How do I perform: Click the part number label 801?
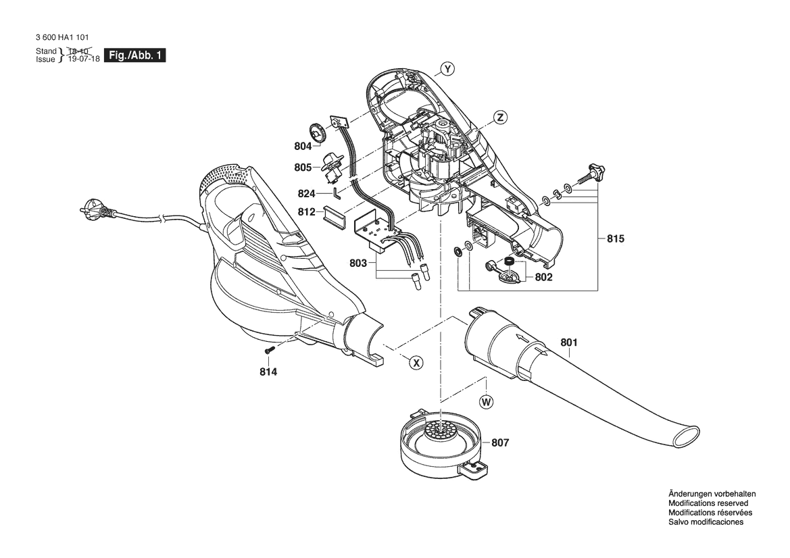569,343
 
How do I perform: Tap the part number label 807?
500,442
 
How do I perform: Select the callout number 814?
268,372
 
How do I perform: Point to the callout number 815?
615,238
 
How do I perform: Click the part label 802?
543,277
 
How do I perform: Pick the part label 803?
357,263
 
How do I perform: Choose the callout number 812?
306,212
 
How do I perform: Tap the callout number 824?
306,194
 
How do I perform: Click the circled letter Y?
447,69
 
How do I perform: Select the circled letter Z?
500,118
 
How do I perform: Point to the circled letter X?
416,363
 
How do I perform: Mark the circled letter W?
487,402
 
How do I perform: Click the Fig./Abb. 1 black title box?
134,55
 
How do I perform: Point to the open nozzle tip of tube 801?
686,436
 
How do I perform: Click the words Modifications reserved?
708,503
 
